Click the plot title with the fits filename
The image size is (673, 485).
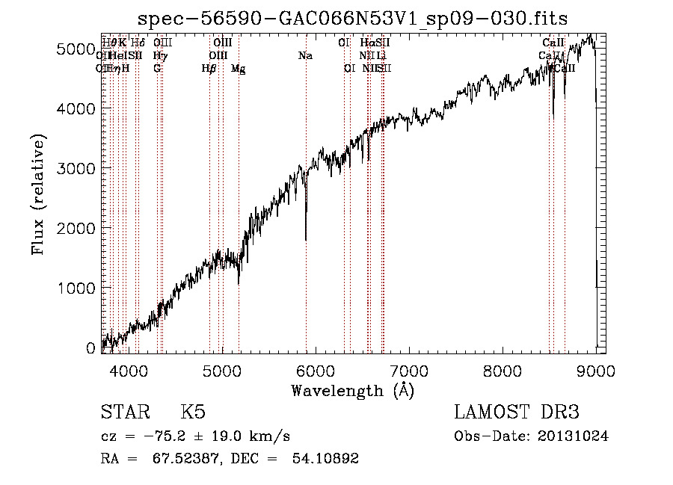pos(354,18)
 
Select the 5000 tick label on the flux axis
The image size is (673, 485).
pos(76,49)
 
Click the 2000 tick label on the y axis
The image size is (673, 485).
pos(76,229)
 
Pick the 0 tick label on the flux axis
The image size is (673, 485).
pos(90,348)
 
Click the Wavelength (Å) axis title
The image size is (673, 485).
pos(353,390)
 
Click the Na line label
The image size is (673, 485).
pos(305,55)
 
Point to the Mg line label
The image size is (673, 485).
pos(239,69)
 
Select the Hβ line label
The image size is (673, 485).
pos(209,69)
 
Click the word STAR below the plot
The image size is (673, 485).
pos(123,413)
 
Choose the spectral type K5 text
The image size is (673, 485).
pos(192,413)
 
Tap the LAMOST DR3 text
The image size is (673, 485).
pos(517,413)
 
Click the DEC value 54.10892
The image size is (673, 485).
pos(323,459)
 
